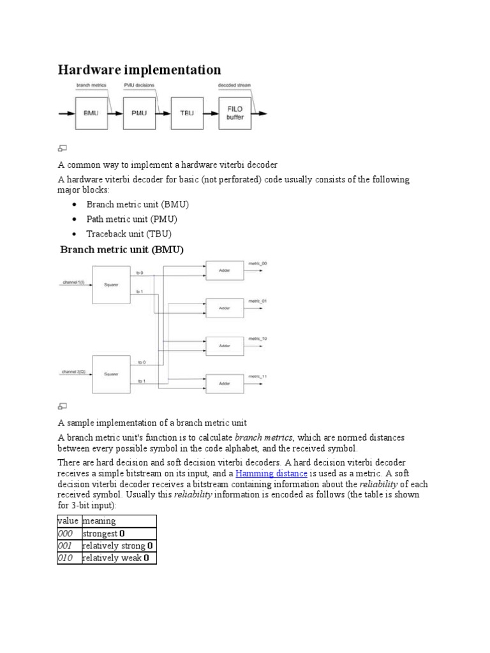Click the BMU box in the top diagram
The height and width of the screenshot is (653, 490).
pos(91,113)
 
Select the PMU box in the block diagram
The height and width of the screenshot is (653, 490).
pos(138,113)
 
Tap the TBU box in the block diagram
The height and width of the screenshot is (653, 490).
pos(187,113)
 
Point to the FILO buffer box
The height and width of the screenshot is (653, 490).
pos(235,113)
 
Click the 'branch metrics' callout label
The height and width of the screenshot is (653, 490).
pos(91,85)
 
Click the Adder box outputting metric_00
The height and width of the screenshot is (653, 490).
pos(224,270)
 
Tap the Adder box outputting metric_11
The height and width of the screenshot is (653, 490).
pos(224,383)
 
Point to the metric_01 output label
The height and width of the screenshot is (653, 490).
pos(258,300)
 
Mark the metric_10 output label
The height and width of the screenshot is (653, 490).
pos(258,339)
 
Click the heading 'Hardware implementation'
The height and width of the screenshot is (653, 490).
pos(140,70)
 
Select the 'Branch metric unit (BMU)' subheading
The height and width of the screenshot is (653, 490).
pos(122,250)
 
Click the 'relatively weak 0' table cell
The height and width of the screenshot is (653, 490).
pos(119,558)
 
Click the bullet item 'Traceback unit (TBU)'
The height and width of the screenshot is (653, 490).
pos(129,234)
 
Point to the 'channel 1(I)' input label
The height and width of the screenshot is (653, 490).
pos(73,282)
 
